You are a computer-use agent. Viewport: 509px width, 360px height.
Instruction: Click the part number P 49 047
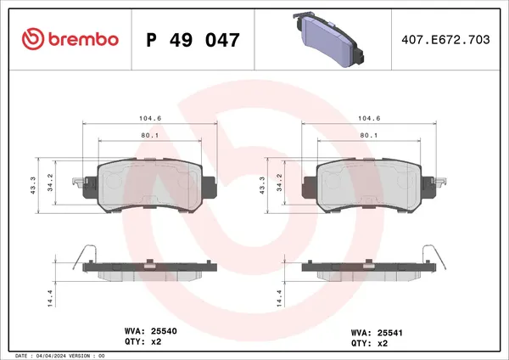coord(193,39)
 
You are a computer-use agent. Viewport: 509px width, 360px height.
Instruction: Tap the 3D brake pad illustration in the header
coord(327,37)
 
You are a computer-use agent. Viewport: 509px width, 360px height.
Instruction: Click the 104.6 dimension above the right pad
coord(366,121)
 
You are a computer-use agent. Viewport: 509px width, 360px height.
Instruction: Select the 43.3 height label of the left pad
coord(31,184)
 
